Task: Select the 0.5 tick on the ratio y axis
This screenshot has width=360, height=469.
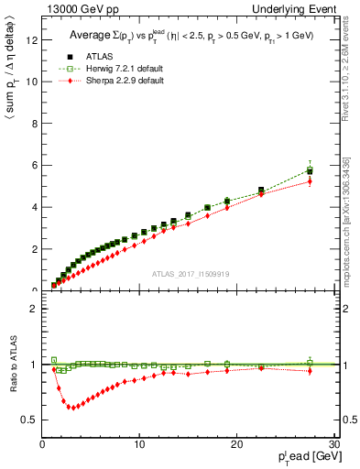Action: [30, 420]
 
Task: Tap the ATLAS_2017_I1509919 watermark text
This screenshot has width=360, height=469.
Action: [191, 272]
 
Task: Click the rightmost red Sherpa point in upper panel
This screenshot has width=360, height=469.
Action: [310, 181]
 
